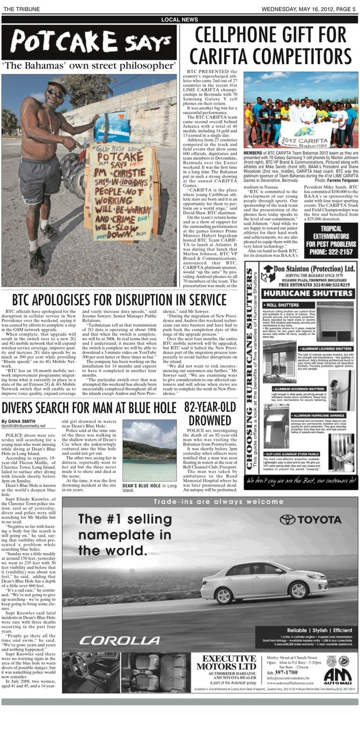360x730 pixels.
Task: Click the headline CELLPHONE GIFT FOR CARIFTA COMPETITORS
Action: [x=270, y=46]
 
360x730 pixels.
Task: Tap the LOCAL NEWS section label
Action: [x=179, y=20]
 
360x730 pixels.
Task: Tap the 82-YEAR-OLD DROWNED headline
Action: [x=210, y=413]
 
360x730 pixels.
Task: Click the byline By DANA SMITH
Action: [x=18, y=421]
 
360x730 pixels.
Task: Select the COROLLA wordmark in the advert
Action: [x=120, y=640]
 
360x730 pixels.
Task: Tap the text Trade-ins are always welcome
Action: [x=210, y=502]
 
